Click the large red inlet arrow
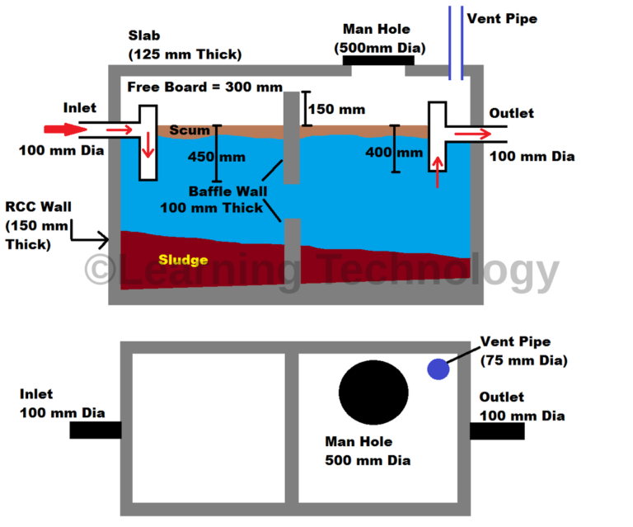click(x=62, y=129)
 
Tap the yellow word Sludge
click(x=183, y=261)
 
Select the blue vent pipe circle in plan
click(x=438, y=369)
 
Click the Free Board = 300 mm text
click(x=205, y=87)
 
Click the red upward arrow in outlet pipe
click(x=438, y=174)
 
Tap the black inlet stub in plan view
click(x=95, y=431)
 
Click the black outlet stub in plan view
click(x=497, y=431)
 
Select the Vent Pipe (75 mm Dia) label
click(x=518, y=351)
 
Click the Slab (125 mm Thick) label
click(x=185, y=45)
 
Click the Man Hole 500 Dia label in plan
click(x=359, y=451)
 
